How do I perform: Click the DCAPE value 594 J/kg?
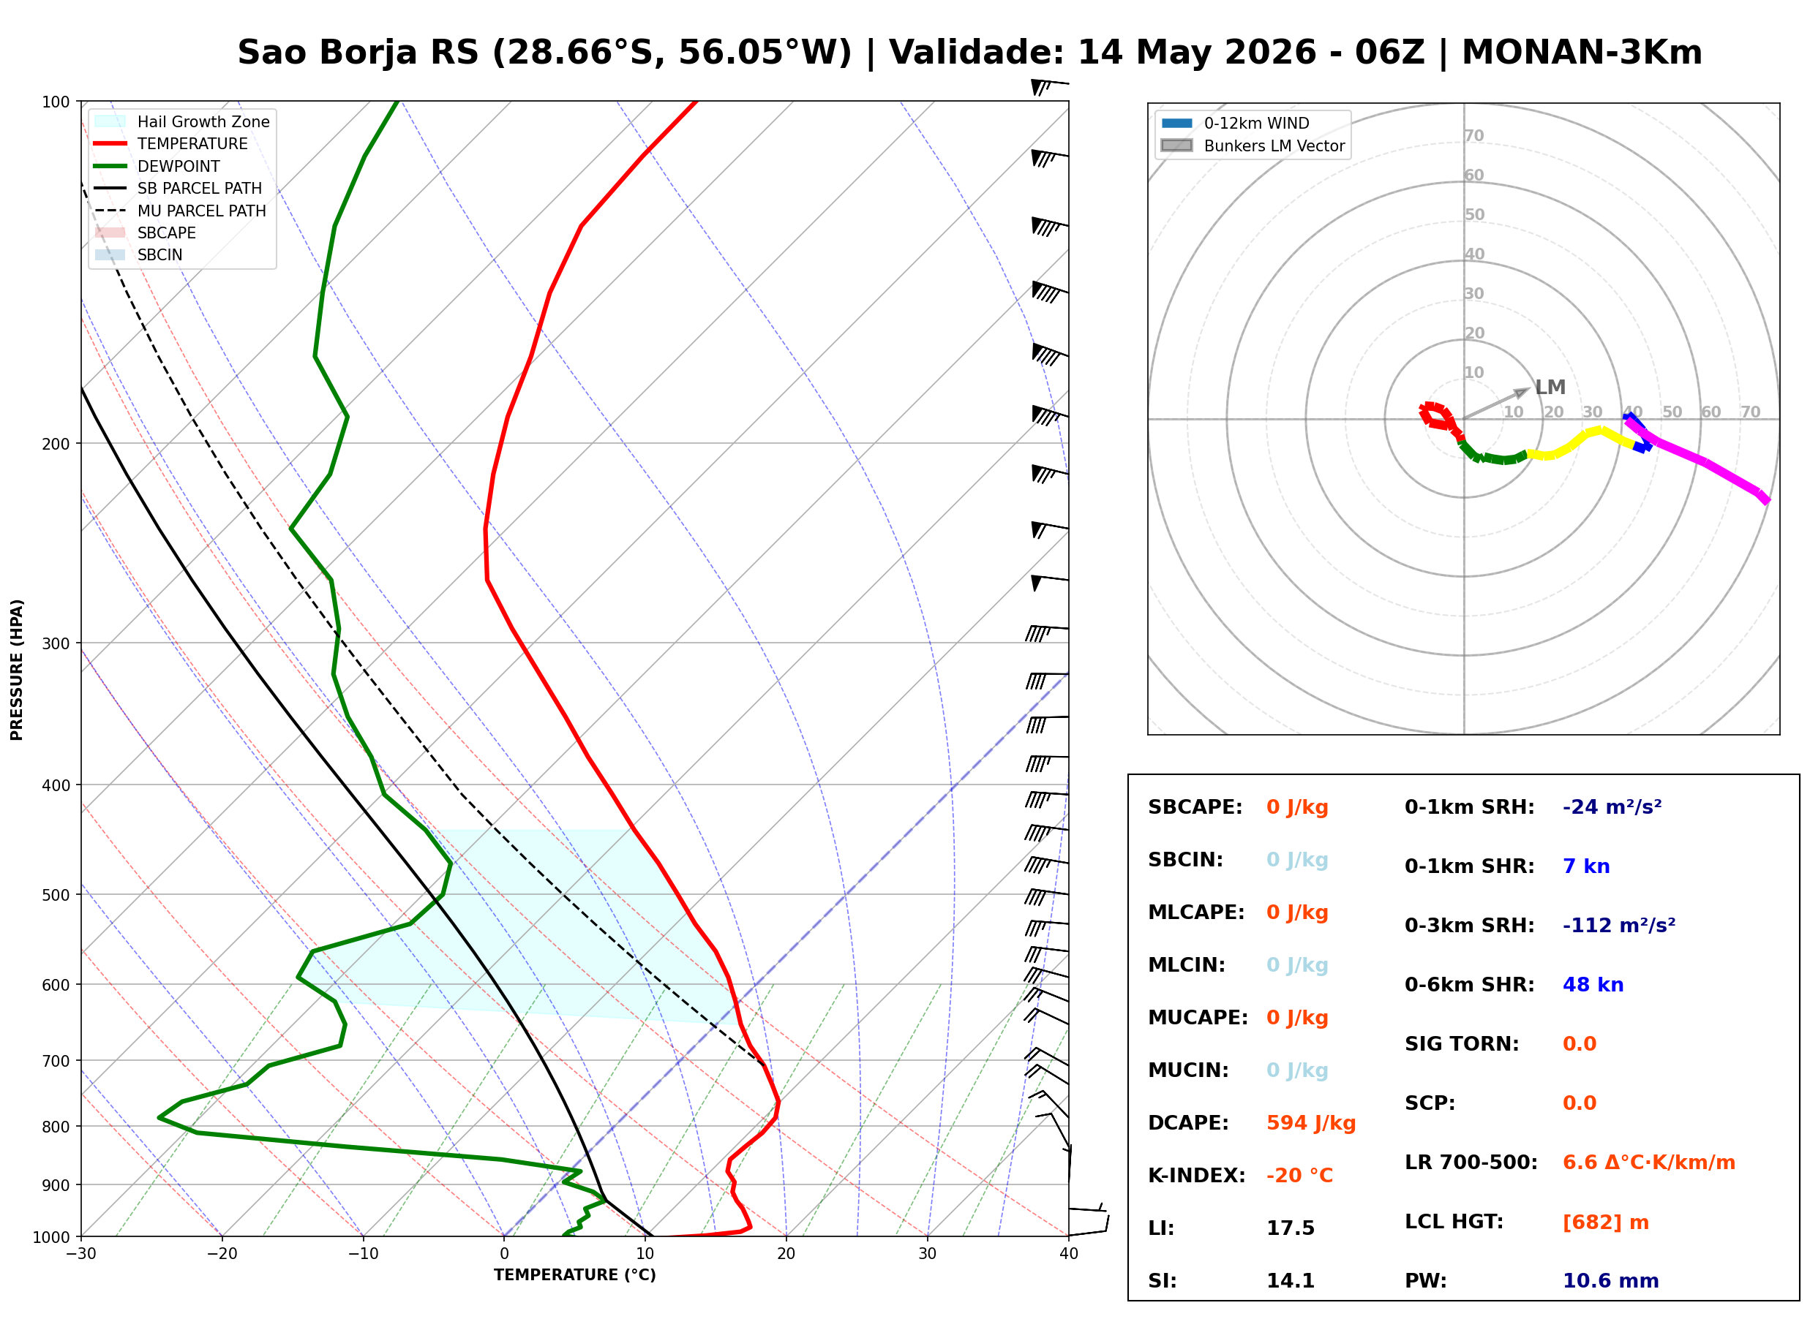click(1310, 1122)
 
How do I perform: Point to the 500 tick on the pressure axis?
click(56, 895)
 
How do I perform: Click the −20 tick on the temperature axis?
click(221, 1254)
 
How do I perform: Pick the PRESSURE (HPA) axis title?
click(17, 669)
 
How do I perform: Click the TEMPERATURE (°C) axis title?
click(574, 1275)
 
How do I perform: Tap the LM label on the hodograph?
click(1550, 388)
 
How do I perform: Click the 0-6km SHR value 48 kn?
click(1593, 985)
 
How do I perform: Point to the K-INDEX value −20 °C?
click(1299, 1175)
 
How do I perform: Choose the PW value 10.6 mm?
click(1611, 1280)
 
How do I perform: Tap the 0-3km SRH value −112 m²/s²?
click(1619, 925)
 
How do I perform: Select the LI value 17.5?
click(1290, 1228)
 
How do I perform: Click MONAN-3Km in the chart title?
click(1582, 53)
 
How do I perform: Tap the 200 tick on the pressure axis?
click(56, 444)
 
